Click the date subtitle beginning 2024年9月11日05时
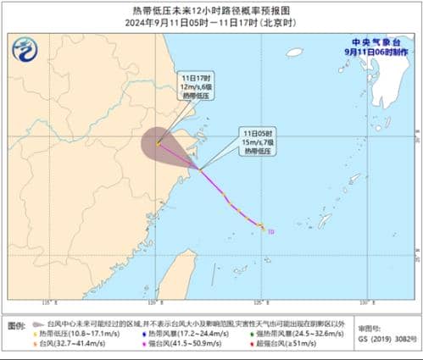point(211,23)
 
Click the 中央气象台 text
point(379,42)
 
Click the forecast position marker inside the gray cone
point(159,142)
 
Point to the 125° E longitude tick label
point(261,302)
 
